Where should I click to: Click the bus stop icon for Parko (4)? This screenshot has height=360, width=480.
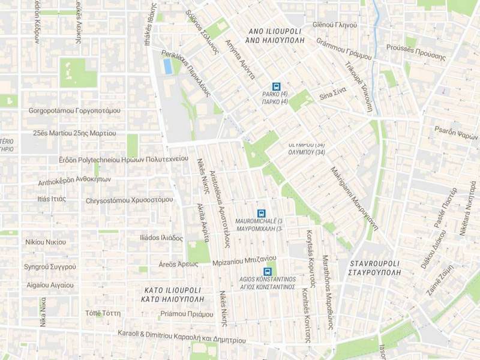(276, 86)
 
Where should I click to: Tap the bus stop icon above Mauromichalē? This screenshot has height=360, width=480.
(261, 213)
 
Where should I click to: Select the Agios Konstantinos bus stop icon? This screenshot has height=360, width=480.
(267, 271)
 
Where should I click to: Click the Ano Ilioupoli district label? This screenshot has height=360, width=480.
(276, 35)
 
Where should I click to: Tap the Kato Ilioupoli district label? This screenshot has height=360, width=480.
(173, 294)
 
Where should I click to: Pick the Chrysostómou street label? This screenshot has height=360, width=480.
(129, 200)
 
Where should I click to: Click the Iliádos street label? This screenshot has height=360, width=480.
(161, 238)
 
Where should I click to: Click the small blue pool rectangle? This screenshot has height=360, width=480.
(167, 66)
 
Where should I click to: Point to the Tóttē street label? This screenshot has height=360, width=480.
(103, 313)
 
